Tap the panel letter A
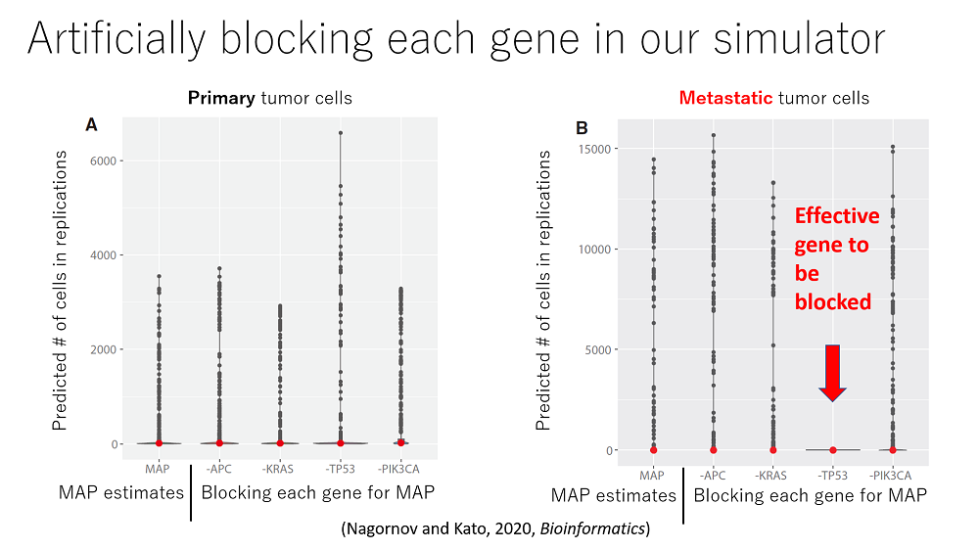click(92, 125)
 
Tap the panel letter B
click(582, 128)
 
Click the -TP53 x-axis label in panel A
click(341, 468)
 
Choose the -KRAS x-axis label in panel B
click(772, 475)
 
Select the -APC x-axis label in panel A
click(219, 468)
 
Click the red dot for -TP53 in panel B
click(833, 450)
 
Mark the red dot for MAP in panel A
click(159, 443)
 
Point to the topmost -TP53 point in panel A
click(341, 133)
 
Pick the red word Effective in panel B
click(837, 216)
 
